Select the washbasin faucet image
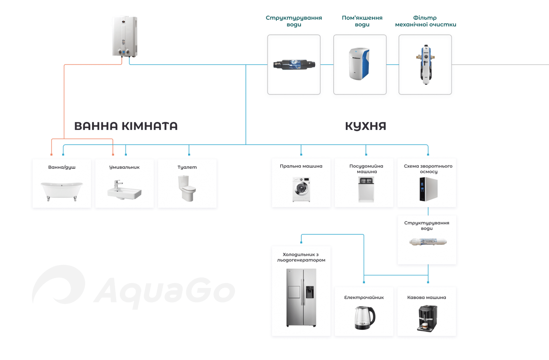pos(124,190)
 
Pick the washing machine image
pos(301,190)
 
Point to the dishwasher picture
pos(366,189)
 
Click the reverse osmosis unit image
pos(428,189)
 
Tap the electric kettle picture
pos(364,317)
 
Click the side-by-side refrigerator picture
pos(301,297)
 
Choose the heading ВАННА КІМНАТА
pos(126,126)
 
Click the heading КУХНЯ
pos(366,126)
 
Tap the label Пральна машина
pos(301,166)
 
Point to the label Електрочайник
pos(364,297)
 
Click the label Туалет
pos(187,167)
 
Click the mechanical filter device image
pos(425,64)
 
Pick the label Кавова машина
pos(427,297)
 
